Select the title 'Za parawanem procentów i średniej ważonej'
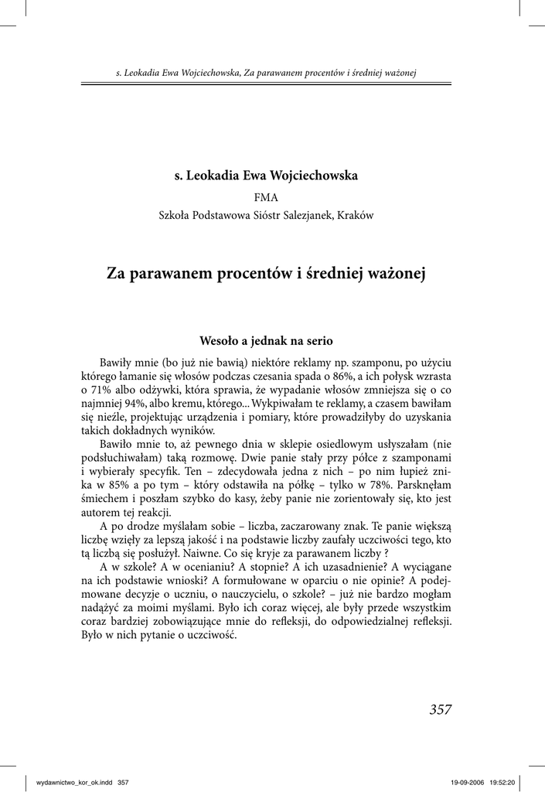pos(266,273)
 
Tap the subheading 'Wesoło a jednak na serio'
pos(266,340)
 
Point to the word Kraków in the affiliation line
pos(356,216)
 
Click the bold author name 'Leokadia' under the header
pos(213,176)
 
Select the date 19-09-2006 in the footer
pos(465,782)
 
